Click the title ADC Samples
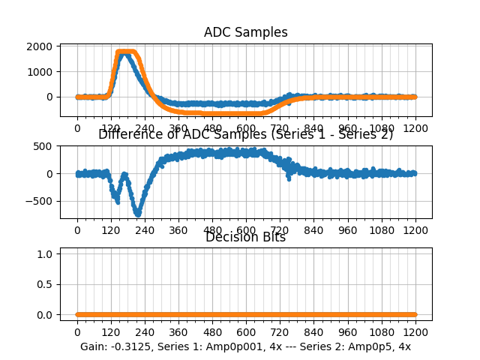pyautogui.click(x=245, y=32)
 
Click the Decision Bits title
pyautogui.click(x=245, y=237)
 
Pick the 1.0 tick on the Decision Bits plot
pyautogui.click(x=46, y=254)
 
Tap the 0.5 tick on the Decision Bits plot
pyautogui.click(x=46, y=284)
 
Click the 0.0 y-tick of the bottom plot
pyautogui.click(x=46, y=315)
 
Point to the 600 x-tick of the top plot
pyautogui.click(x=246, y=128)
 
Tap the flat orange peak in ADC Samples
pyautogui.click(x=127, y=52)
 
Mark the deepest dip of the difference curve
pyautogui.click(x=138, y=214)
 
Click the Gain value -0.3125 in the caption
pyautogui.click(x=130, y=346)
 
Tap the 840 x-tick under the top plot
pyautogui.click(x=313, y=128)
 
